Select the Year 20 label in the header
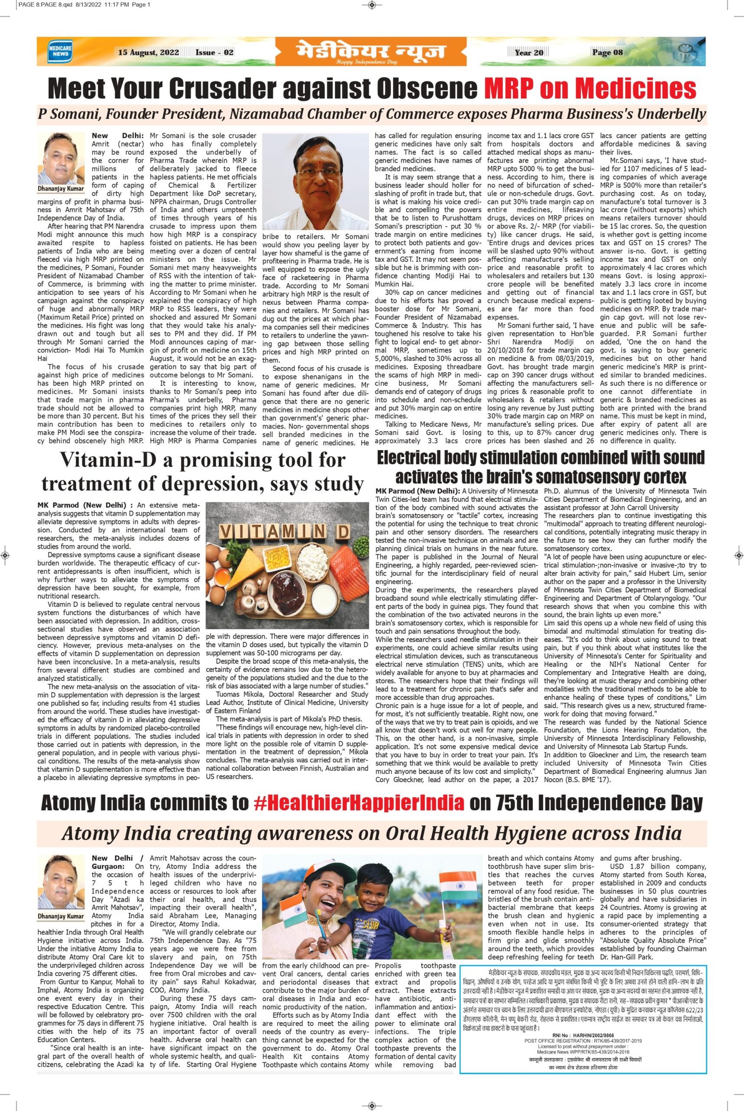[529, 53]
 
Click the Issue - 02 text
[214, 53]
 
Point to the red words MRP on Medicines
[590, 88]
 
